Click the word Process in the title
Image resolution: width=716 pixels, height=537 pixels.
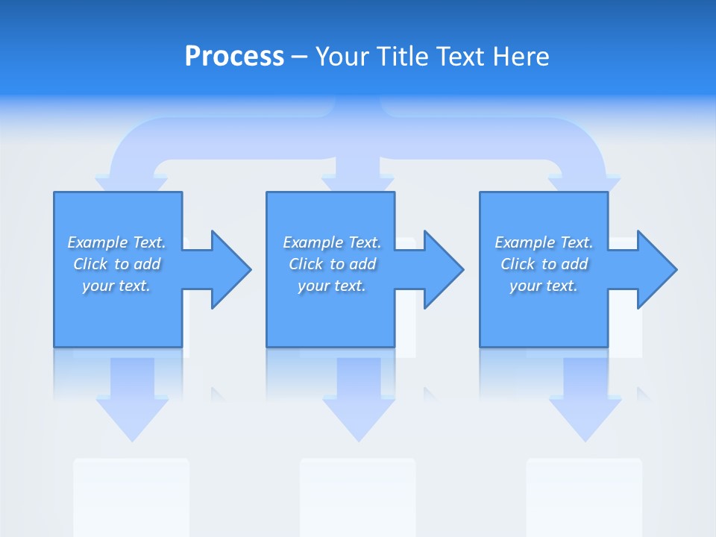pos(234,57)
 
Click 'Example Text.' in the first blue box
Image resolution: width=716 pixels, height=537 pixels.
pos(116,242)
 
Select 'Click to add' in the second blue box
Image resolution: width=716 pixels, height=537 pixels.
pos(332,264)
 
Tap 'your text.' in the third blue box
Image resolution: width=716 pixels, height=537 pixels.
pos(543,286)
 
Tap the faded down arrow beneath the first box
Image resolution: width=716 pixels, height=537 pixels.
pos(133,406)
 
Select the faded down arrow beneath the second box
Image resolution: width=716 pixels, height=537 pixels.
pos(359,406)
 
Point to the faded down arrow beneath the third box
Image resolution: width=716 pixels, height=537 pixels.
pos(585,406)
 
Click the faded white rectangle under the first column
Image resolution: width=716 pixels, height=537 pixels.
pos(131,496)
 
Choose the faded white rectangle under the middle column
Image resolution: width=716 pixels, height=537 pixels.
pos(357,496)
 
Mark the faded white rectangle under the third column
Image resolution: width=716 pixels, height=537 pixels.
pos(584,496)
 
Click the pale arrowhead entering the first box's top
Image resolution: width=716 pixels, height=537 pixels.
pos(131,183)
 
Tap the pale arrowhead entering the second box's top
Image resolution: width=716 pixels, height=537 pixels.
pos(357,183)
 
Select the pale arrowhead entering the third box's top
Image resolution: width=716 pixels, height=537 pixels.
pos(584,183)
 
